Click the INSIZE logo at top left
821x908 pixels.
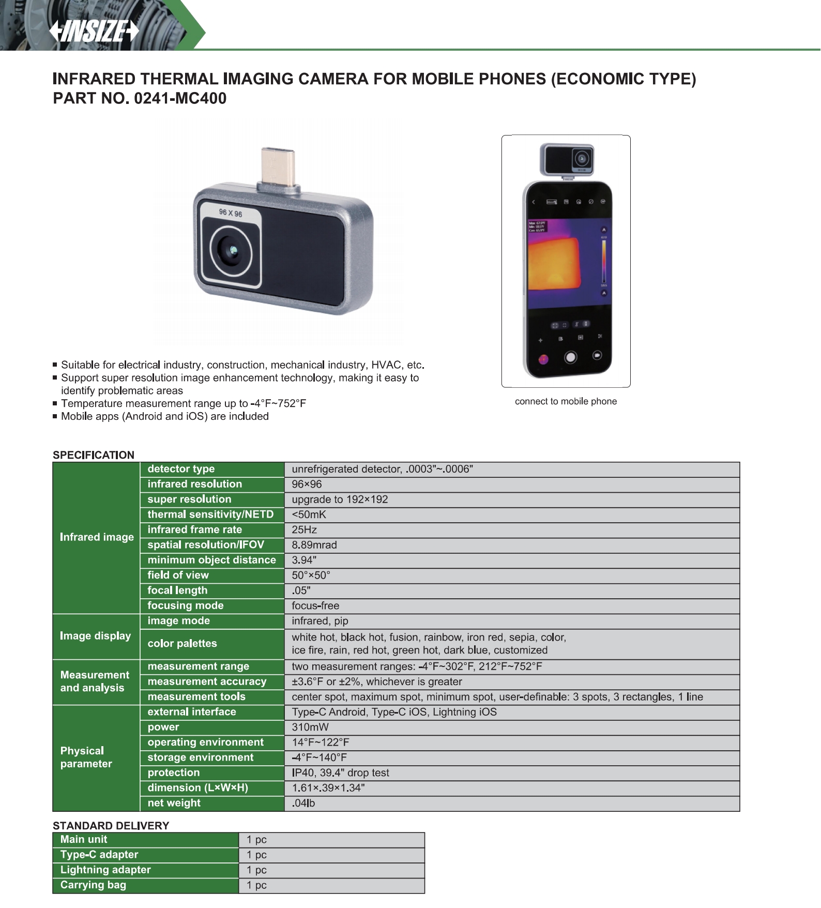(94, 31)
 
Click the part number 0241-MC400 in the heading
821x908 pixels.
(179, 98)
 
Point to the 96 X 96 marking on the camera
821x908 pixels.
(231, 213)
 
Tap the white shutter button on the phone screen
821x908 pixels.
(570, 357)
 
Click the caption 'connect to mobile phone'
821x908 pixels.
(566, 401)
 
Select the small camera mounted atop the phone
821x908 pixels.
(567, 159)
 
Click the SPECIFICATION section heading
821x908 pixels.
(94, 455)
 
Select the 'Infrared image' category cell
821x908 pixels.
(97, 537)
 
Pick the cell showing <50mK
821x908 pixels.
(309, 514)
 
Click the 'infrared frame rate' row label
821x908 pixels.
(194, 529)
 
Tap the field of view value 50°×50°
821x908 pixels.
(311, 575)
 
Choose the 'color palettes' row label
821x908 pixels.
(182, 644)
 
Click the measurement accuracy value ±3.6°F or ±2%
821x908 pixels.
(376, 682)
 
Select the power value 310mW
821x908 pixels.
(310, 727)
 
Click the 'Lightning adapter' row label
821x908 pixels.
(105, 870)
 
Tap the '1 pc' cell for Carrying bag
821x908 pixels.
(256, 885)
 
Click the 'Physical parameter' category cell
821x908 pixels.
(86, 758)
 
